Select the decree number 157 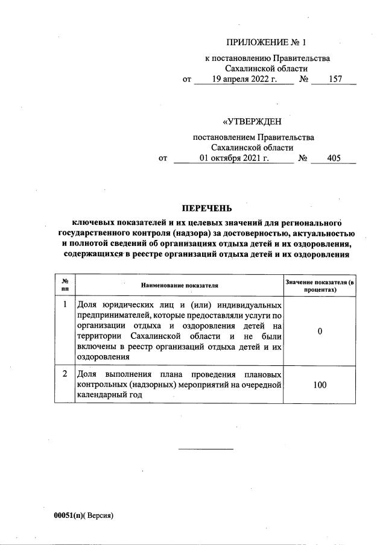tap(333, 79)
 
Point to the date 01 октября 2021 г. tap(233, 159)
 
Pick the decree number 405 tap(333, 159)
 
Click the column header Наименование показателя tap(179, 285)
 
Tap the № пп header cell tap(65, 285)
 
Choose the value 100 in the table tap(320, 383)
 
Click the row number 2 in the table tap(65, 373)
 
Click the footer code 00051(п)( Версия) tap(83, 516)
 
